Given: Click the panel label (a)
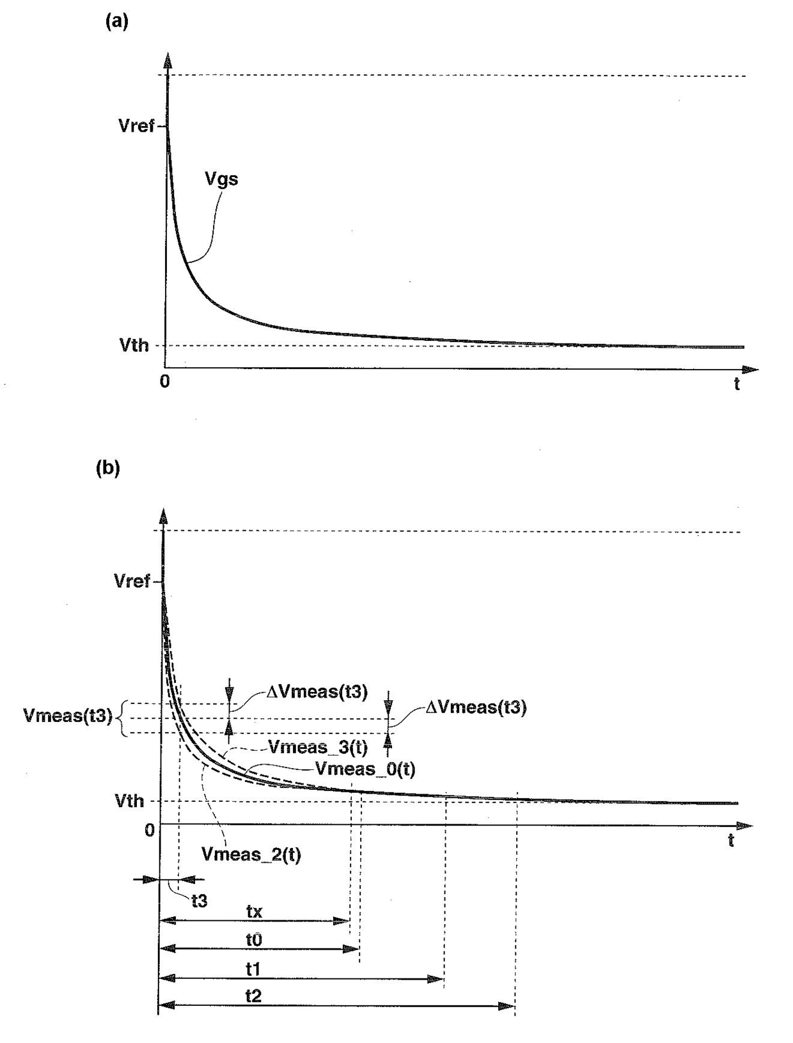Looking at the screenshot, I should pyautogui.click(x=116, y=22).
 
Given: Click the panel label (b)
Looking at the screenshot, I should pyautogui.click(x=107, y=468).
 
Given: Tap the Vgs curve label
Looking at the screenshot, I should pyautogui.click(x=221, y=179).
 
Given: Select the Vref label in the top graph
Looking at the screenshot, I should pyautogui.click(x=136, y=126).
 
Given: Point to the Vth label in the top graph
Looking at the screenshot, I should pyautogui.click(x=134, y=345).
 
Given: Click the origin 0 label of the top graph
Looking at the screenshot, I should pyautogui.click(x=164, y=382).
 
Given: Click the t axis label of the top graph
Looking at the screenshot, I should pyautogui.click(x=737, y=384).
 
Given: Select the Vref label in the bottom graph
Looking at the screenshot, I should pyautogui.click(x=132, y=581).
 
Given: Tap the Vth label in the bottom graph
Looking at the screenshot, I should pyautogui.click(x=129, y=801).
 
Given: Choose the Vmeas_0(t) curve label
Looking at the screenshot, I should pyautogui.click(x=365, y=769).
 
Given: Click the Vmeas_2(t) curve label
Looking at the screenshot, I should pyautogui.click(x=251, y=854).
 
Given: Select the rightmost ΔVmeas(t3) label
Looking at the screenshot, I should pyautogui.click(x=476, y=707).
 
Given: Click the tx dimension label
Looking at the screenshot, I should pyautogui.click(x=255, y=911).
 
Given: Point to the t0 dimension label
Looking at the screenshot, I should pyautogui.click(x=255, y=940).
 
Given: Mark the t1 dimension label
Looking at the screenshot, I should pyautogui.click(x=253, y=969).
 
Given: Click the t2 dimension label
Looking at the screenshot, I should pyautogui.click(x=254, y=996).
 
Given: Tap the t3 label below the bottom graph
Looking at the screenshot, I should pyautogui.click(x=200, y=901).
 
